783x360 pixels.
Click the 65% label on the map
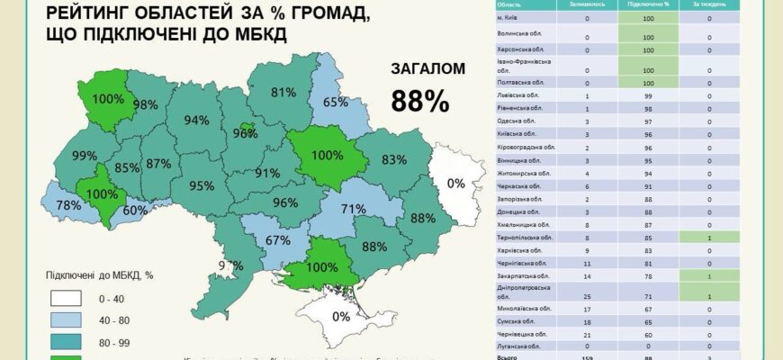coord(336,103)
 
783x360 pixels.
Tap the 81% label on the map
coord(283,92)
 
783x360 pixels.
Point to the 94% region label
coord(196,121)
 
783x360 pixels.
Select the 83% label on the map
coord(394,160)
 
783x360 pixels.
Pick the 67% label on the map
coord(277,240)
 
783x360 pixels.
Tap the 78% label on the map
coord(68,205)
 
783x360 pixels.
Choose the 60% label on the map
coord(135,211)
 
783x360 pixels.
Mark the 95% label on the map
coord(202,186)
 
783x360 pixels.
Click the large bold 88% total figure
coord(419,101)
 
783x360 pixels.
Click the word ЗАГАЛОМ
coord(427,69)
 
